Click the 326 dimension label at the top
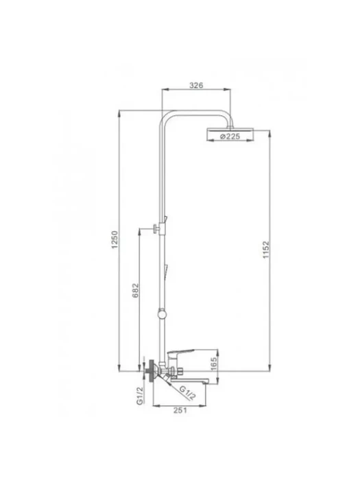click(x=196, y=85)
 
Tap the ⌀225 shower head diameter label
click(x=230, y=136)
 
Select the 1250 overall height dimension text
click(x=115, y=240)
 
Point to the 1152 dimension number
click(x=266, y=250)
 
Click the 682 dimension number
click(x=135, y=291)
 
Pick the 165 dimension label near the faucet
click(x=214, y=363)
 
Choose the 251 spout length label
click(x=180, y=410)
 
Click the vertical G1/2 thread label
click(x=140, y=396)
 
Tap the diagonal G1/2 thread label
click(x=187, y=393)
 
